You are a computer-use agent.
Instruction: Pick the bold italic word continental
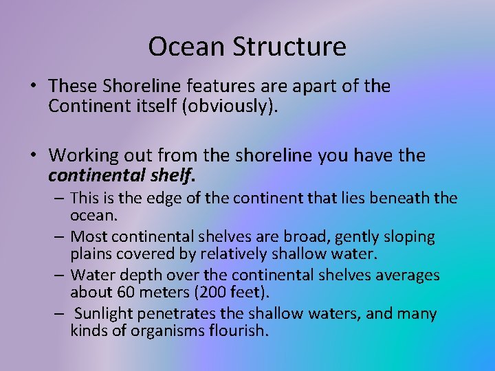[x=97, y=176]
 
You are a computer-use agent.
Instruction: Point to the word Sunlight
[x=107, y=314]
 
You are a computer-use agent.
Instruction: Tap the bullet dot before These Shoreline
[x=33, y=87]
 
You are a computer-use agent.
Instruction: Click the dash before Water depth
[x=59, y=276]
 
